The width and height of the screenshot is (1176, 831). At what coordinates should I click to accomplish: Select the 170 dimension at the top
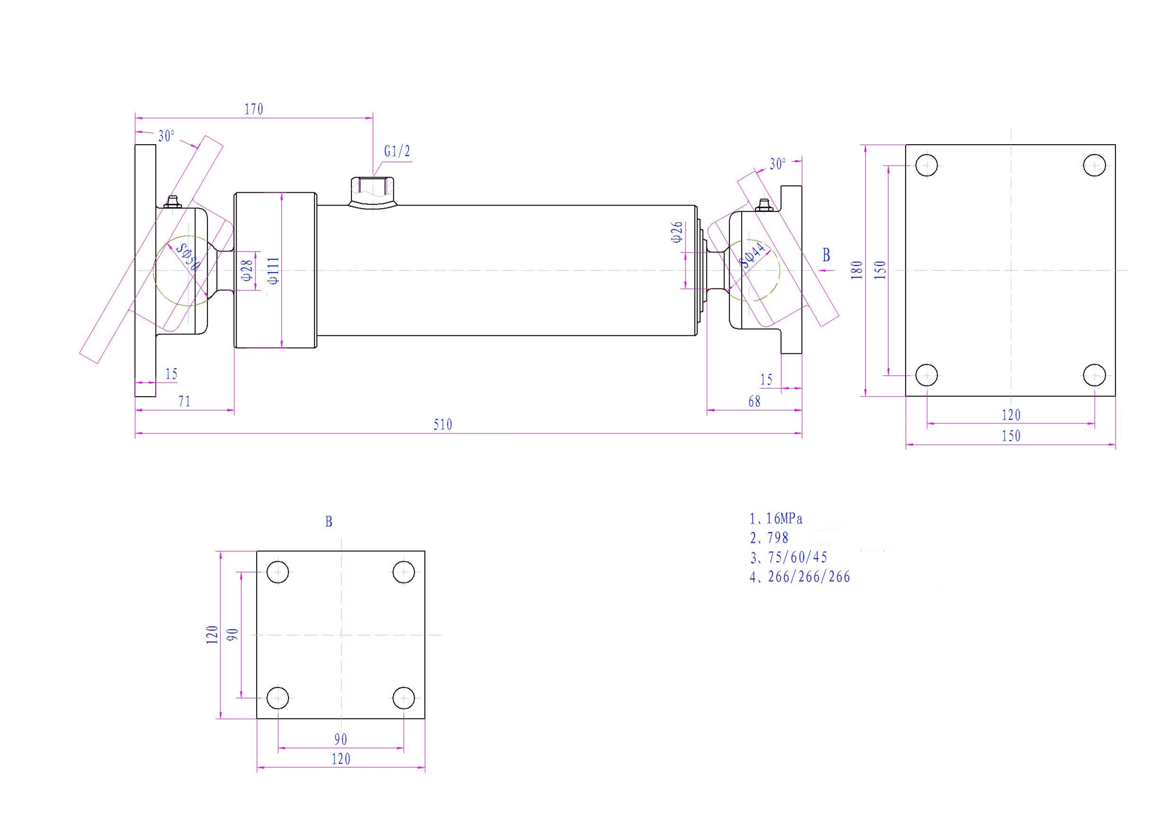pyautogui.click(x=253, y=109)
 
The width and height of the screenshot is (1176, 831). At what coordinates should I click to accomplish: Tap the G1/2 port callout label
pyautogui.click(x=397, y=152)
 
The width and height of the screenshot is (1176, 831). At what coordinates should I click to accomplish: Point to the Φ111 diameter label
pyautogui.click(x=274, y=270)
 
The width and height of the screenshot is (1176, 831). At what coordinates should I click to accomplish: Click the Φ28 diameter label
pyautogui.click(x=247, y=270)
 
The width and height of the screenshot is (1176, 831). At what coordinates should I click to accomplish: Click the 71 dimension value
pyautogui.click(x=184, y=401)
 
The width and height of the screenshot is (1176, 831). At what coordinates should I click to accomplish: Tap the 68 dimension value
pyautogui.click(x=755, y=401)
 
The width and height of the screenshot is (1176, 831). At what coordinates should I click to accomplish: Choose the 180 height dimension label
pyautogui.click(x=857, y=270)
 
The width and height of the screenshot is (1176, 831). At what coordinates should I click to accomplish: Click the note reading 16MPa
pyautogui.click(x=784, y=519)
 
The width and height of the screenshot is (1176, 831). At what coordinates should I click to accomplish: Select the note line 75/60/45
pyautogui.click(x=798, y=557)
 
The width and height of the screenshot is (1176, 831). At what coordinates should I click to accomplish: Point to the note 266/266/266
pyautogui.click(x=809, y=577)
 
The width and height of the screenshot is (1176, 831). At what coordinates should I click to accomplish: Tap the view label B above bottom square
pyautogui.click(x=329, y=522)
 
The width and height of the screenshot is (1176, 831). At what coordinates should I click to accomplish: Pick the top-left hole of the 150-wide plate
pyautogui.click(x=927, y=165)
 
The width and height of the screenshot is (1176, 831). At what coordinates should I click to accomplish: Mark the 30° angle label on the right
pyautogui.click(x=777, y=164)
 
